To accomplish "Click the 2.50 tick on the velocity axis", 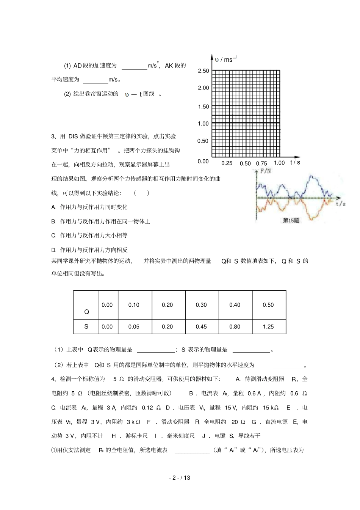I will (x=203, y=71).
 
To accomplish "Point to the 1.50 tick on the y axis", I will (x=203, y=107).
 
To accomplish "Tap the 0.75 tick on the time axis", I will (x=261, y=163).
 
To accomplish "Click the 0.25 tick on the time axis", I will (x=227, y=163).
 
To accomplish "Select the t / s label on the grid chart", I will (x=295, y=162).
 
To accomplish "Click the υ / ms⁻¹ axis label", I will (x=225, y=59).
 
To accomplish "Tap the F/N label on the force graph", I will (x=266, y=171).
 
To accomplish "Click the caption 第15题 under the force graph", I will (x=291, y=220).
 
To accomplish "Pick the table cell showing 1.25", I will (x=268, y=326).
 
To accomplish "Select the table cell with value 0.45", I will (x=201, y=326).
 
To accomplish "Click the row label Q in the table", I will (x=86, y=312).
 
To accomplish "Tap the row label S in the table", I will (x=86, y=326).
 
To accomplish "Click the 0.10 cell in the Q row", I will (x=134, y=305).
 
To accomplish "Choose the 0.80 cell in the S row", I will (x=235, y=326).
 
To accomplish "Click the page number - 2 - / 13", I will (x=180, y=478).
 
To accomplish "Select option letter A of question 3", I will (x=53, y=207).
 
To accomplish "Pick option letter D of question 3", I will (x=53, y=250).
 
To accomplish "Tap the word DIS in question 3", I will (x=73, y=137).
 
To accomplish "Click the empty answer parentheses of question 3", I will (x=141, y=193).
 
